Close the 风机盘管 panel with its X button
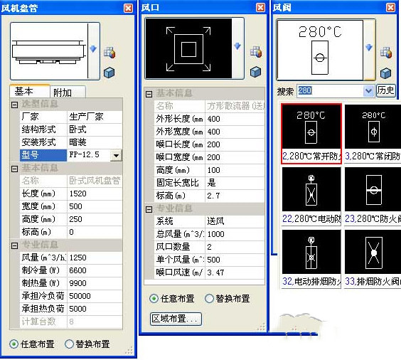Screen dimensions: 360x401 tap(128, 7)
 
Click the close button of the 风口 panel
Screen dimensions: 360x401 tap(260, 7)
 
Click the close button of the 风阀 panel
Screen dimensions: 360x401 tap(392, 7)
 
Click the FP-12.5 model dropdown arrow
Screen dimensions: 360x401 tap(117, 155)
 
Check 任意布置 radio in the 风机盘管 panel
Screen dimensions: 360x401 tap(14, 344)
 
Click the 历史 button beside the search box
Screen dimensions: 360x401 tap(386, 90)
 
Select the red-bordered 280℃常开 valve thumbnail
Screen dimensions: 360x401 tap(311, 134)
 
